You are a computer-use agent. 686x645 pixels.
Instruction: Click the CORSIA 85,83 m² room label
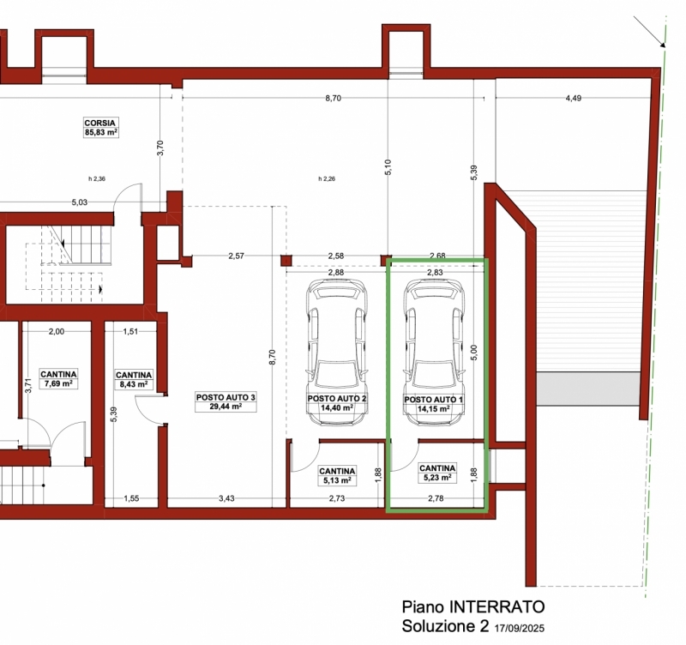coord(100,127)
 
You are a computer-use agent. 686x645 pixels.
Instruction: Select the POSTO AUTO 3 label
coord(226,402)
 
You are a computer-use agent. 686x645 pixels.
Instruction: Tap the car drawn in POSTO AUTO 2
coord(337,353)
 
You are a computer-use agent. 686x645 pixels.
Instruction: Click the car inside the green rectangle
coord(435,353)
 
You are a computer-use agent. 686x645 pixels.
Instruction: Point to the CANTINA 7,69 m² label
coord(58,379)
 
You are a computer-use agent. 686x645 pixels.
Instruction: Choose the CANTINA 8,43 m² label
coord(134,380)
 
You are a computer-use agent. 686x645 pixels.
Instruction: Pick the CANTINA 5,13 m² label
coord(337,476)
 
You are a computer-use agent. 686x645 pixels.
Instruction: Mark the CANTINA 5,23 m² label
coord(437,473)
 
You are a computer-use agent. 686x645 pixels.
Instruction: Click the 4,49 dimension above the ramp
coord(573,99)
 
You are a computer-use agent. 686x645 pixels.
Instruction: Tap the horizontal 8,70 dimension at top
coord(333,99)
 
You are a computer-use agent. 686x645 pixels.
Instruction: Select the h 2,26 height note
coord(327,178)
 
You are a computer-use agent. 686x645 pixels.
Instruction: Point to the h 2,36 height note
coord(97,178)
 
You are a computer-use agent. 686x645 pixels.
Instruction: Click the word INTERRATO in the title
coord(497,607)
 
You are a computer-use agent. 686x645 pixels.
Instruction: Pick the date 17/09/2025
coord(520,629)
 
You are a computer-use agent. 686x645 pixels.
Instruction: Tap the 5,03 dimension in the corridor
coord(80,202)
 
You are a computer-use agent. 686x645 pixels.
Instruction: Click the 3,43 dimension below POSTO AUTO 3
coord(226,498)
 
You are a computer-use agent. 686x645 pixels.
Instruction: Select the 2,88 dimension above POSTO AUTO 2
coord(336,272)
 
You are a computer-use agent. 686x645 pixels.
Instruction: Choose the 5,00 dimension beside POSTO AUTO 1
coord(475,353)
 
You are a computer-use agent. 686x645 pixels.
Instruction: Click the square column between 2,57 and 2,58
coord(286,262)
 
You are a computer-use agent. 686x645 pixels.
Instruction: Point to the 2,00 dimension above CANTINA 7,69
coord(57,332)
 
